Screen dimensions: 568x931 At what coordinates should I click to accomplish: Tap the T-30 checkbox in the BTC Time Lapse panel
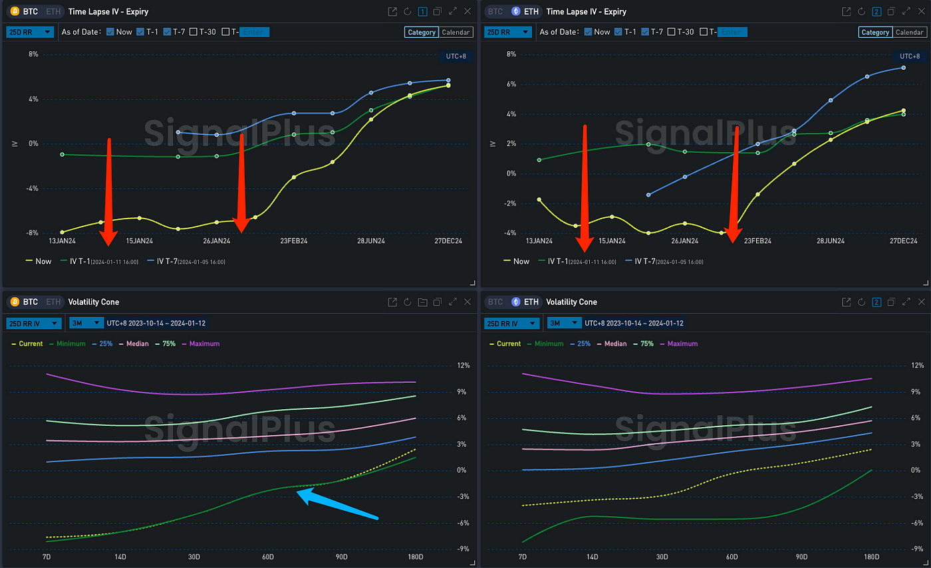tap(193, 32)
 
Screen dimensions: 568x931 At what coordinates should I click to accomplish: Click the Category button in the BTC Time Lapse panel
tap(422, 32)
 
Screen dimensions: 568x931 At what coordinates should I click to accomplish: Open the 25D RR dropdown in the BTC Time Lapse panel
tap(30, 32)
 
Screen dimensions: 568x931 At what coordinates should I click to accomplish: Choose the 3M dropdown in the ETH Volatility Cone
tap(561, 323)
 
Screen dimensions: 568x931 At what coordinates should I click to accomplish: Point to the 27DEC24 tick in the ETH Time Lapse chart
tap(903, 240)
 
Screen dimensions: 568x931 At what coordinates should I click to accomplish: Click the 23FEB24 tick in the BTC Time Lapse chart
tap(294, 240)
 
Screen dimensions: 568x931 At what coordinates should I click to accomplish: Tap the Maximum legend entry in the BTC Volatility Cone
tap(204, 343)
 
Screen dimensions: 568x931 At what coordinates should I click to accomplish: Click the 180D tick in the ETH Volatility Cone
tap(871, 556)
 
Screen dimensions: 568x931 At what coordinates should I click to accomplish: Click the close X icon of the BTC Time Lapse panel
tap(467, 11)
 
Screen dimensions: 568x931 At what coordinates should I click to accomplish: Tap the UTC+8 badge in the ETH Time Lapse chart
tap(909, 56)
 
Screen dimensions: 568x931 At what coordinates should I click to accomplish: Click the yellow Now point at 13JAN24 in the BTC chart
tap(62, 232)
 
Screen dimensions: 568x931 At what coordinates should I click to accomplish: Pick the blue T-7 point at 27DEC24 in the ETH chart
tap(903, 67)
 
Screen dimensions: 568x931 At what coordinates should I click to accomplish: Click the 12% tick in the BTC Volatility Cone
tap(444, 365)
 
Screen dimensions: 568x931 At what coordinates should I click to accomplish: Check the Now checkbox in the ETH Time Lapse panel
tap(588, 32)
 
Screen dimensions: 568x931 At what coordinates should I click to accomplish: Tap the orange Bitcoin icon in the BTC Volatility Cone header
tap(15, 302)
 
